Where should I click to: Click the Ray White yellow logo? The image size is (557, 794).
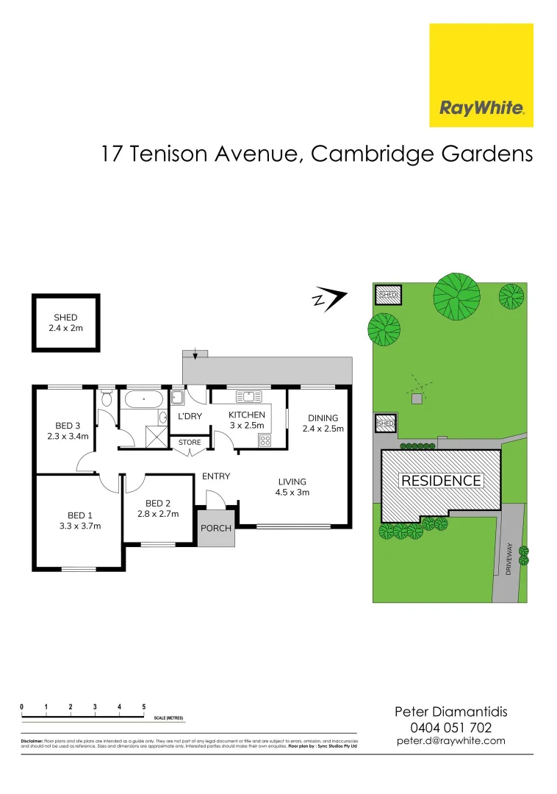point(481,75)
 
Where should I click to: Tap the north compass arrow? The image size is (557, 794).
point(330,300)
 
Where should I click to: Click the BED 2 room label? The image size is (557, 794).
point(158,509)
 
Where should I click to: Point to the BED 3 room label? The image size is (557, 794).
point(68,431)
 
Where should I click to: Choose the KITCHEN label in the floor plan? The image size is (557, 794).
point(246,420)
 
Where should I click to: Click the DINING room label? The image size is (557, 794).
point(323,423)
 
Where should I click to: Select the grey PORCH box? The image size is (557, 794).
point(216,528)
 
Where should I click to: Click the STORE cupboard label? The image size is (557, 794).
point(190,443)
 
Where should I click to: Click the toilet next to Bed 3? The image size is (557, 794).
point(107,399)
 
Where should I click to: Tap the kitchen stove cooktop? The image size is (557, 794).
point(264,440)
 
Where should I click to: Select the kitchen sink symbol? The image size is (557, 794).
point(249,396)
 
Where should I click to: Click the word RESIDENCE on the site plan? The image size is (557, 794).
point(441,481)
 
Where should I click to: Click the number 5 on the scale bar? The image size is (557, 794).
point(144,707)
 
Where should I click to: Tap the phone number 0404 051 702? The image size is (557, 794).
point(450,727)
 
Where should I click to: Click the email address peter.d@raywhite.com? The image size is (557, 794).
point(450,741)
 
